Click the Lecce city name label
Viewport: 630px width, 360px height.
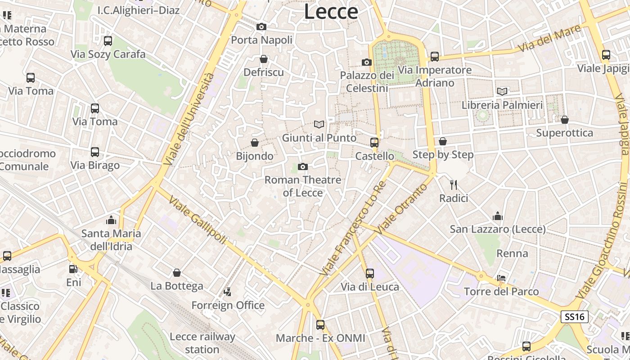point(331,11)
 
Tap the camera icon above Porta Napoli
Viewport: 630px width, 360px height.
point(261,27)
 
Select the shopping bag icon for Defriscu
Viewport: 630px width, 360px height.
point(264,59)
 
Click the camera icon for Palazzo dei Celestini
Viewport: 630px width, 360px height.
point(367,62)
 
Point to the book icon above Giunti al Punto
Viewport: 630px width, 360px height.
point(319,124)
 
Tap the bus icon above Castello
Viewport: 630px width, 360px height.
point(374,143)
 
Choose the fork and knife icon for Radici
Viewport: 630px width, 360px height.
point(454,184)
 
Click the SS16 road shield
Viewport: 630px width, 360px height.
point(575,317)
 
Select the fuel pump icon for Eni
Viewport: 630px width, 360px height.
point(73,269)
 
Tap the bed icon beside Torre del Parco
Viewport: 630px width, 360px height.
point(501,278)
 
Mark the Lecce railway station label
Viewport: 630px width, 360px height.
point(202,343)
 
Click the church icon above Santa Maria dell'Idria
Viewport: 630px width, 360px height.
point(111,220)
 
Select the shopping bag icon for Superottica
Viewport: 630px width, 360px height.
point(565,119)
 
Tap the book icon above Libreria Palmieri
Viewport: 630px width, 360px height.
point(502,91)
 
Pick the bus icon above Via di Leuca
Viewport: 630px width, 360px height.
point(370,273)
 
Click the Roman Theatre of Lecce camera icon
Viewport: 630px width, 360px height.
point(303,166)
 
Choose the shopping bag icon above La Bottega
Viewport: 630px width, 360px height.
point(177,273)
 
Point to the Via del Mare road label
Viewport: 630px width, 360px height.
point(549,38)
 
